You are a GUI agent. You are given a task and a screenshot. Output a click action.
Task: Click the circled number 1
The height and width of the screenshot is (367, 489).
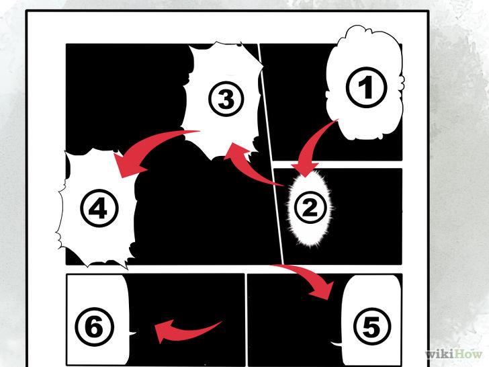coord(366,87)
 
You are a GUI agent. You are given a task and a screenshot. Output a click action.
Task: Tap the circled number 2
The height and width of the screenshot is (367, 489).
coord(310,207)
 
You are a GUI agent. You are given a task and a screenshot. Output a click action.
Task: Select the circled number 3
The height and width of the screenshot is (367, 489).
coord(226,99)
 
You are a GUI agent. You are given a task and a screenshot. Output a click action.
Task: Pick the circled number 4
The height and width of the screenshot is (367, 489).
coord(99,208)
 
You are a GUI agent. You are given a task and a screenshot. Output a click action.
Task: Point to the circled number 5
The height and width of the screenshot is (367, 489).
coord(371,327)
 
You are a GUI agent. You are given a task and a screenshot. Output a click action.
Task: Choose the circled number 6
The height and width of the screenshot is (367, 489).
coord(95,327)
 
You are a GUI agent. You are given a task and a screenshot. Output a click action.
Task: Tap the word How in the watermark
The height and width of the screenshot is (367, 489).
coord(468,354)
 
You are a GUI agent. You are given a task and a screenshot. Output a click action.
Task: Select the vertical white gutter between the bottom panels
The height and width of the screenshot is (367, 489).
coord(246,320)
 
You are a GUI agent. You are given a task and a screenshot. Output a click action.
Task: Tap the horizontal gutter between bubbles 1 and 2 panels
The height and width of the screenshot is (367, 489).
coord(337,165)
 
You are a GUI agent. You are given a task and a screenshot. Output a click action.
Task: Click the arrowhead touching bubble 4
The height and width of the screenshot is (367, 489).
coord(128,164)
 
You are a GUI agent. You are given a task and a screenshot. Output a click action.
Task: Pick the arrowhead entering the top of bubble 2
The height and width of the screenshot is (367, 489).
coord(305,169)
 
